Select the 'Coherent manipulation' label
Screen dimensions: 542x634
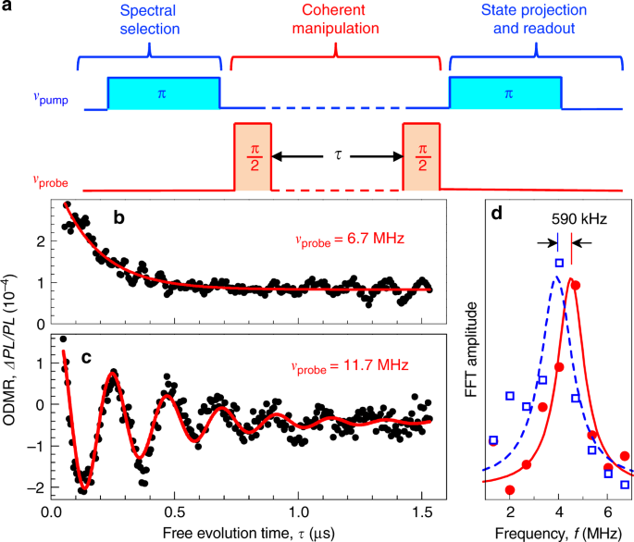[x=335, y=25]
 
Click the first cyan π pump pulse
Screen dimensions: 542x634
[x=164, y=92]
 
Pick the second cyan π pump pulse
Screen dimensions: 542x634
[x=506, y=92]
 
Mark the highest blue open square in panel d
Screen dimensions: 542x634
[x=559, y=264]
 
